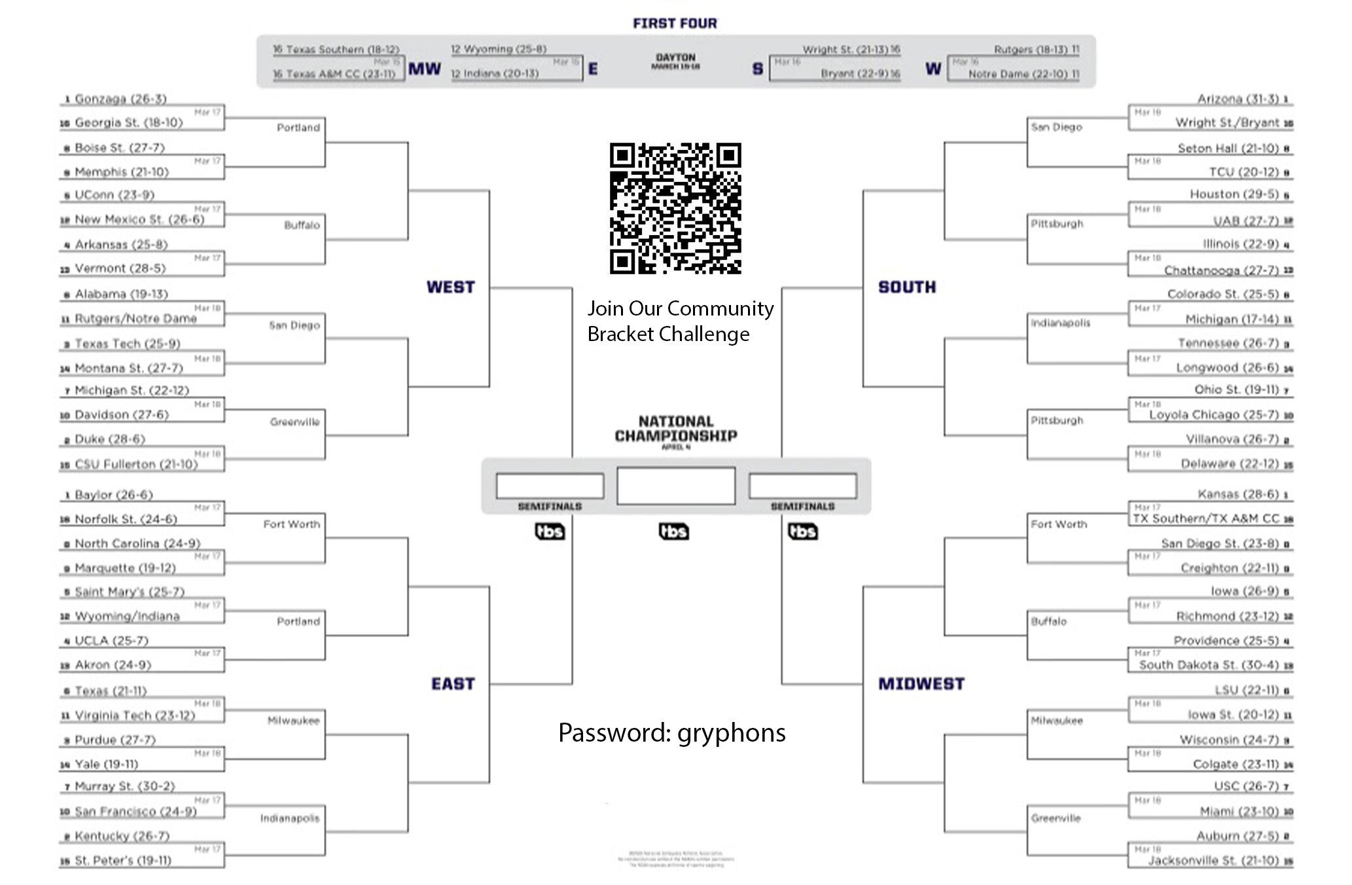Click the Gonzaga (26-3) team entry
coord(120,99)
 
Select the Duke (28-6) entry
coord(109,439)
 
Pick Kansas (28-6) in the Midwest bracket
coord(1237,494)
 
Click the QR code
coord(675,208)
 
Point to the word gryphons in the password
coord(731,733)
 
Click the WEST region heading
coord(450,287)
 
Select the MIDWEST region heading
coord(921,684)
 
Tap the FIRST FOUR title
coord(675,24)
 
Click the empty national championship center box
coord(675,486)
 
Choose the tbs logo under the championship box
coord(674,532)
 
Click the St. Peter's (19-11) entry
coord(122,860)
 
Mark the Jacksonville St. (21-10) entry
coord(1213,860)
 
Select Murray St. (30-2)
coord(124,786)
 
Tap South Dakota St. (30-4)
coord(1208,665)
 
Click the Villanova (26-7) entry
coord(1232,439)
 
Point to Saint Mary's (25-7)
coord(130,592)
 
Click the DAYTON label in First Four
coord(675,58)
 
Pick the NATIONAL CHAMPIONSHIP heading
coord(675,429)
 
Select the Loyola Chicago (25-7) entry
coord(1213,415)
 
